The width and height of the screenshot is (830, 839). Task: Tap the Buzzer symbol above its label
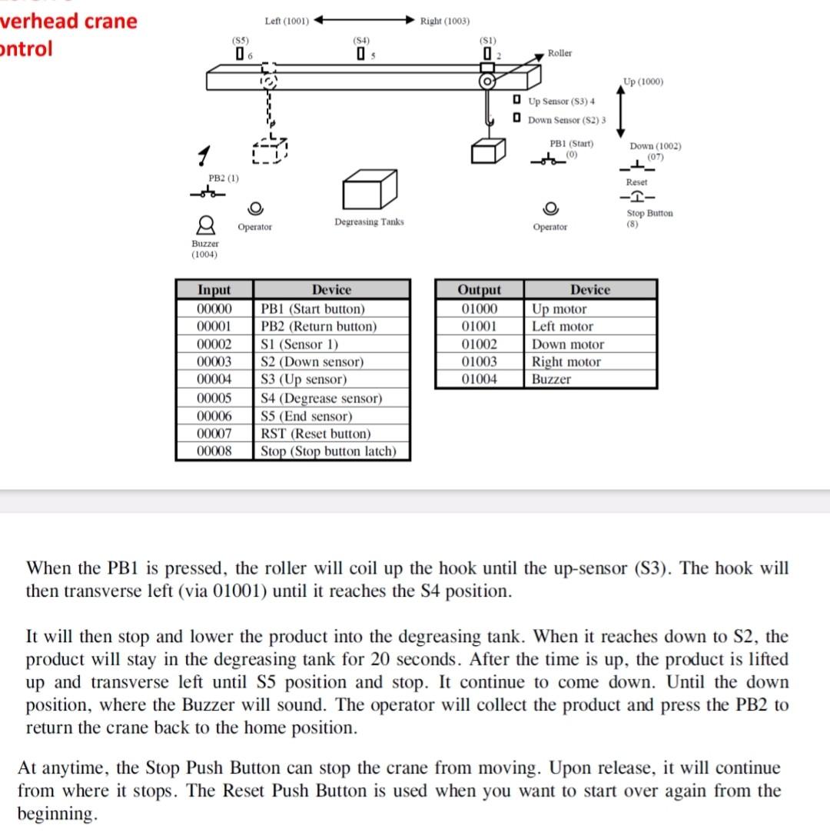click(x=205, y=225)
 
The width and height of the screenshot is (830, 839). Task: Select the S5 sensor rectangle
click(x=241, y=55)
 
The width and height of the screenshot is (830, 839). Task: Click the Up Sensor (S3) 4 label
click(x=561, y=102)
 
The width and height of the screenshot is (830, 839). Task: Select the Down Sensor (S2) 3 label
click(x=566, y=120)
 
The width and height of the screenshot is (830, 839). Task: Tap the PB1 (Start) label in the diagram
click(x=571, y=144)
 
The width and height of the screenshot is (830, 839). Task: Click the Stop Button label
click(x=649, y=213)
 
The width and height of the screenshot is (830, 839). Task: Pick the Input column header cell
click(x=214, y=290)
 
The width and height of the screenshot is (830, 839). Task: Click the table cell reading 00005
click(x=214, y=398)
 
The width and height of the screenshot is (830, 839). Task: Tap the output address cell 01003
click(x=479, y=361)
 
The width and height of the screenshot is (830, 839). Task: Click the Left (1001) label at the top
click(x=286, y=21)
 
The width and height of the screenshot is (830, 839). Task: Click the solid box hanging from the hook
click(x=489, y=150)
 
